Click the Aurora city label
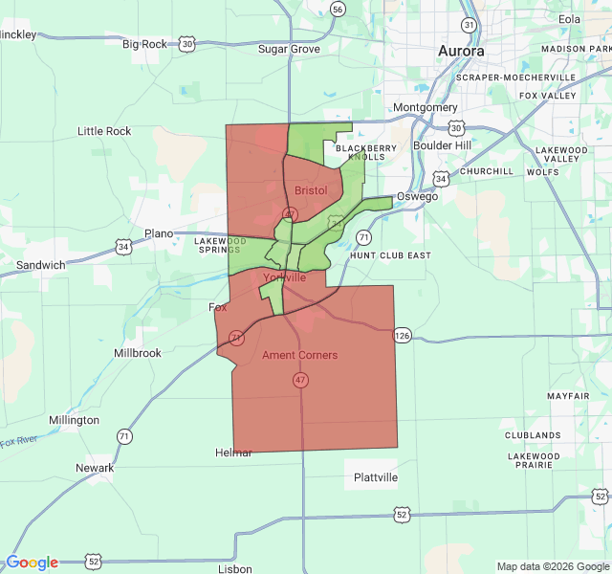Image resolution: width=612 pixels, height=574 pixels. coord(461,51)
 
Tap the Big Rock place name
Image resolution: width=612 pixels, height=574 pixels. coord(144,44)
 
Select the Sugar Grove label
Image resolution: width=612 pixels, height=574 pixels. coord(289,49)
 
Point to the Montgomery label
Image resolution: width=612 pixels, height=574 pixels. coord(426,108)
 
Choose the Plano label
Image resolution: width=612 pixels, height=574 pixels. coord(159,233)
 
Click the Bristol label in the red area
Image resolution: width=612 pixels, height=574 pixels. coord(311,190)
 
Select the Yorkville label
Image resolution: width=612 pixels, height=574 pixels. coord(284,277)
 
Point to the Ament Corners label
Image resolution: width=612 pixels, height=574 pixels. coord(299,356)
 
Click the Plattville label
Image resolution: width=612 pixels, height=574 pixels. coord(375,477)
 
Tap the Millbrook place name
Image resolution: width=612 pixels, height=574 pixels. coord(138,353)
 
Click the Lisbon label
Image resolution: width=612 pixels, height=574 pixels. coord(235,568)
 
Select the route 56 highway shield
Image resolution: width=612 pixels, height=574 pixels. coord(338,9)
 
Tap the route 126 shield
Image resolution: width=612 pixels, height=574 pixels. coord(402,335)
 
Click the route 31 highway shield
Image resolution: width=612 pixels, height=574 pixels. coord(469,24)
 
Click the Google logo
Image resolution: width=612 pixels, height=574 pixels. coord(32,563)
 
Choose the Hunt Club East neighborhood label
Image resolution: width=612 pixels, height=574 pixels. coord(390,256)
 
